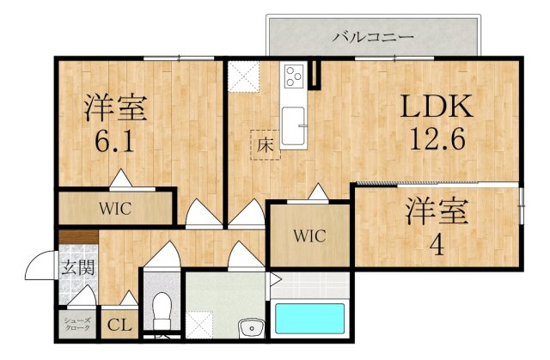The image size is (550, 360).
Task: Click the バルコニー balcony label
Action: click(373, 37)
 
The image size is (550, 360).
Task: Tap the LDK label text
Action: click(437, 107)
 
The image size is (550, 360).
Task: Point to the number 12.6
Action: click(437, 138)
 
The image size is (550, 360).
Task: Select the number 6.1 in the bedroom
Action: click(114, 140)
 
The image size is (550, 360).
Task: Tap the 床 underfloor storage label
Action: click(265, 145)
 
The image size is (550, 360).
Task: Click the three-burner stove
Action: click(294, 76)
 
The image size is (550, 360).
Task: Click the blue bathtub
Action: click(309, 318)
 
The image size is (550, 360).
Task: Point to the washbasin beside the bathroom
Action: click(251, 328)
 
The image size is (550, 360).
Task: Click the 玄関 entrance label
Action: click(78, 268)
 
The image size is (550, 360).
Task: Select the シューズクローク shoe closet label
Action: click(76, 324)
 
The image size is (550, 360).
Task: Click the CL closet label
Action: click(119, 326)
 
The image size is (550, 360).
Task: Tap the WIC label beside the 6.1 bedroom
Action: click(115, 209)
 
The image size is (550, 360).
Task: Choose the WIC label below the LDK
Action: click(309, 236)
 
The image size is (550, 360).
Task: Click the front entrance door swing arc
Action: click(35, 258)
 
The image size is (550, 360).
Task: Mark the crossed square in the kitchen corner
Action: click(243, 76)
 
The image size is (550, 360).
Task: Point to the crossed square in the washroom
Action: click(199, 325)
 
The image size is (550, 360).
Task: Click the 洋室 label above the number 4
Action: click(437, 211)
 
